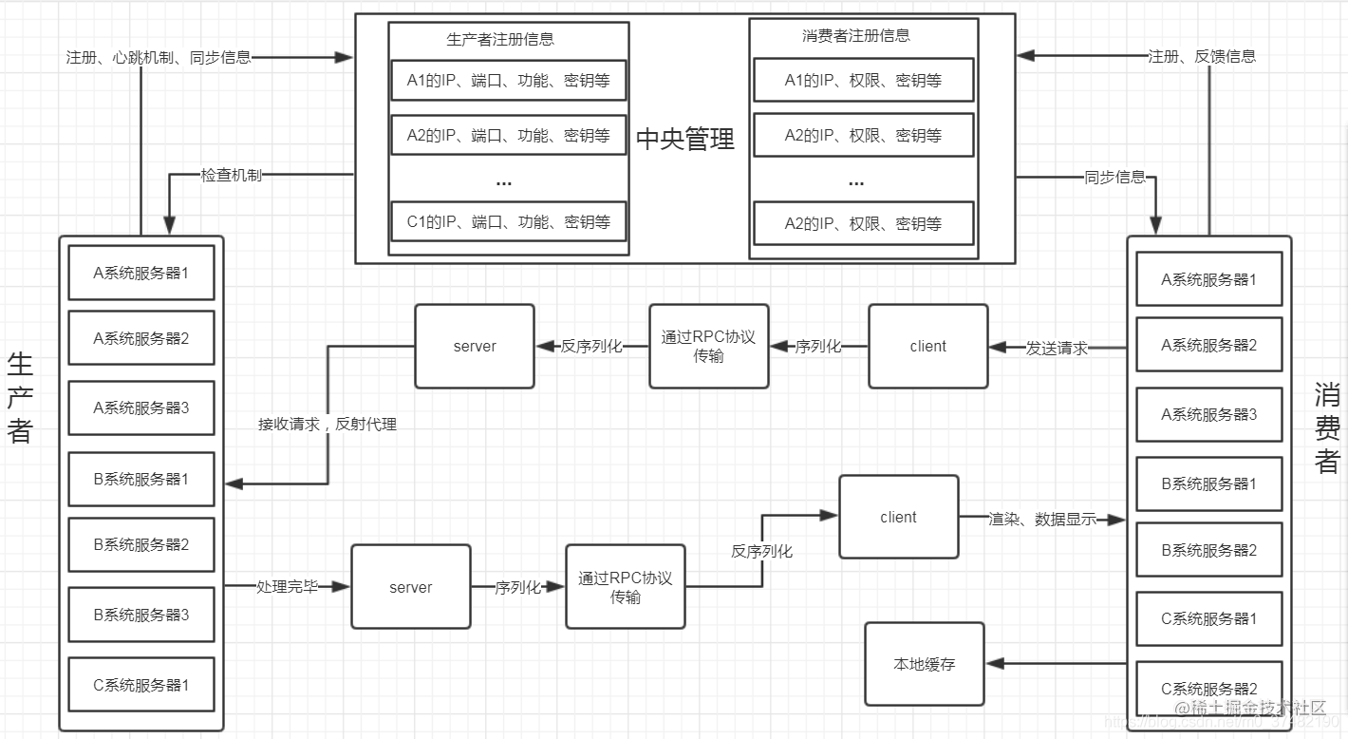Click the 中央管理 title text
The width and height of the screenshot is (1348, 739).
tap(684, 141)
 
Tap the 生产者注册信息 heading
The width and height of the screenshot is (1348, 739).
tap(500, 40)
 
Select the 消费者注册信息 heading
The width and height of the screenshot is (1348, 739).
tap(855, 36)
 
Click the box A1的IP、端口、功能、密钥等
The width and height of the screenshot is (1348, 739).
tap(508, 81)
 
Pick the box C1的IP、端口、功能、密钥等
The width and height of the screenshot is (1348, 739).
tap(508, 222)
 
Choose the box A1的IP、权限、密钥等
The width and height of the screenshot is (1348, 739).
tap(863, 81)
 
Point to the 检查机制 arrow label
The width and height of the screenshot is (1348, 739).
tap(231, 176)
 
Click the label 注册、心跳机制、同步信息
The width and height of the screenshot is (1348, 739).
tap(159, 57)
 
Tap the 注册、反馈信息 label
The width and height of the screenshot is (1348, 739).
tap(1202, 56)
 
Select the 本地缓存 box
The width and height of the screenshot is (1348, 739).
tap(924, 664)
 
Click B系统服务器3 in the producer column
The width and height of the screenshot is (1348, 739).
tap(141, 615)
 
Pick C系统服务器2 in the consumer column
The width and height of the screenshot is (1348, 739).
tap(1208, 689)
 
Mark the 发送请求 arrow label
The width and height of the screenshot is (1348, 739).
tap(1057, 348)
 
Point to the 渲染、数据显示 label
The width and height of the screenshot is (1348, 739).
tap(1042, 520)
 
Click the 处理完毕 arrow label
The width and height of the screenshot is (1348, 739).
tap(286, 587)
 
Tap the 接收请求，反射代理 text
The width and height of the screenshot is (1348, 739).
tap(328, 425)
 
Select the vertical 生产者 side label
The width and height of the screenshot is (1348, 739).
tap(20, 397)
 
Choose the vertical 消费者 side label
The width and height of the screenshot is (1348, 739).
tap(1326, 427)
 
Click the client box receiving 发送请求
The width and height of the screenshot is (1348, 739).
tap(927, 347)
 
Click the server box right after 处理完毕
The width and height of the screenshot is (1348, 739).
tap(410, 587)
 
